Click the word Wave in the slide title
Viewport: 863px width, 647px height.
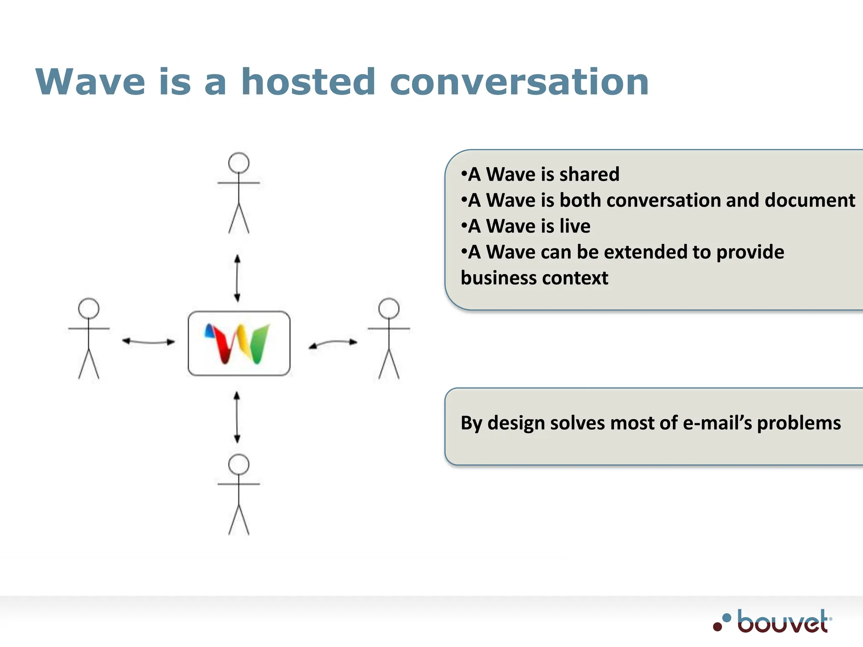point(91,82)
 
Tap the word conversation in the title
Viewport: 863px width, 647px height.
point(519,82)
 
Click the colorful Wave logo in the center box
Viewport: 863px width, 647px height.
point(238,344)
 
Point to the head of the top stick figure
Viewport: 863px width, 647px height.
point(239,163)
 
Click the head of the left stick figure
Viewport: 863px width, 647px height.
point(89,309)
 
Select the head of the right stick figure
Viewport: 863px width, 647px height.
point(389,309)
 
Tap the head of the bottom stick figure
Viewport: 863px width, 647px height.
point(239,464)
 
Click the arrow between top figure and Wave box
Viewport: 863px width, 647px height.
point(237,278)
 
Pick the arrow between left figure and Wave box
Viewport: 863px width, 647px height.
point(148,342)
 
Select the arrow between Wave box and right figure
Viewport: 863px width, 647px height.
point(332,343)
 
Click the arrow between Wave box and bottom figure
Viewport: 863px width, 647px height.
point(237,417)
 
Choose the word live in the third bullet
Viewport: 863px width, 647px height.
point(575,226)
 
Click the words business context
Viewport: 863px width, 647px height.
point(534,278)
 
